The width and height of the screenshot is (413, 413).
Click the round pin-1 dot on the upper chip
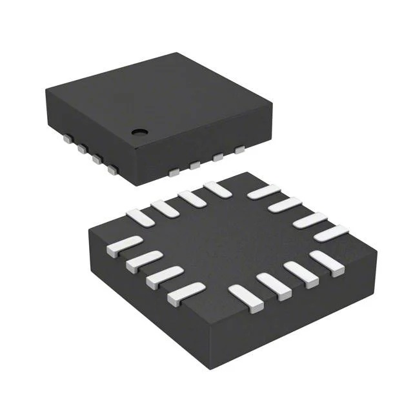coord(139,132)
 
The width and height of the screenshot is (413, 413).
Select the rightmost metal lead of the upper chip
coord(240,150)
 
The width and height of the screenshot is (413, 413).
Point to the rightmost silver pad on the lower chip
coord(332,233)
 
